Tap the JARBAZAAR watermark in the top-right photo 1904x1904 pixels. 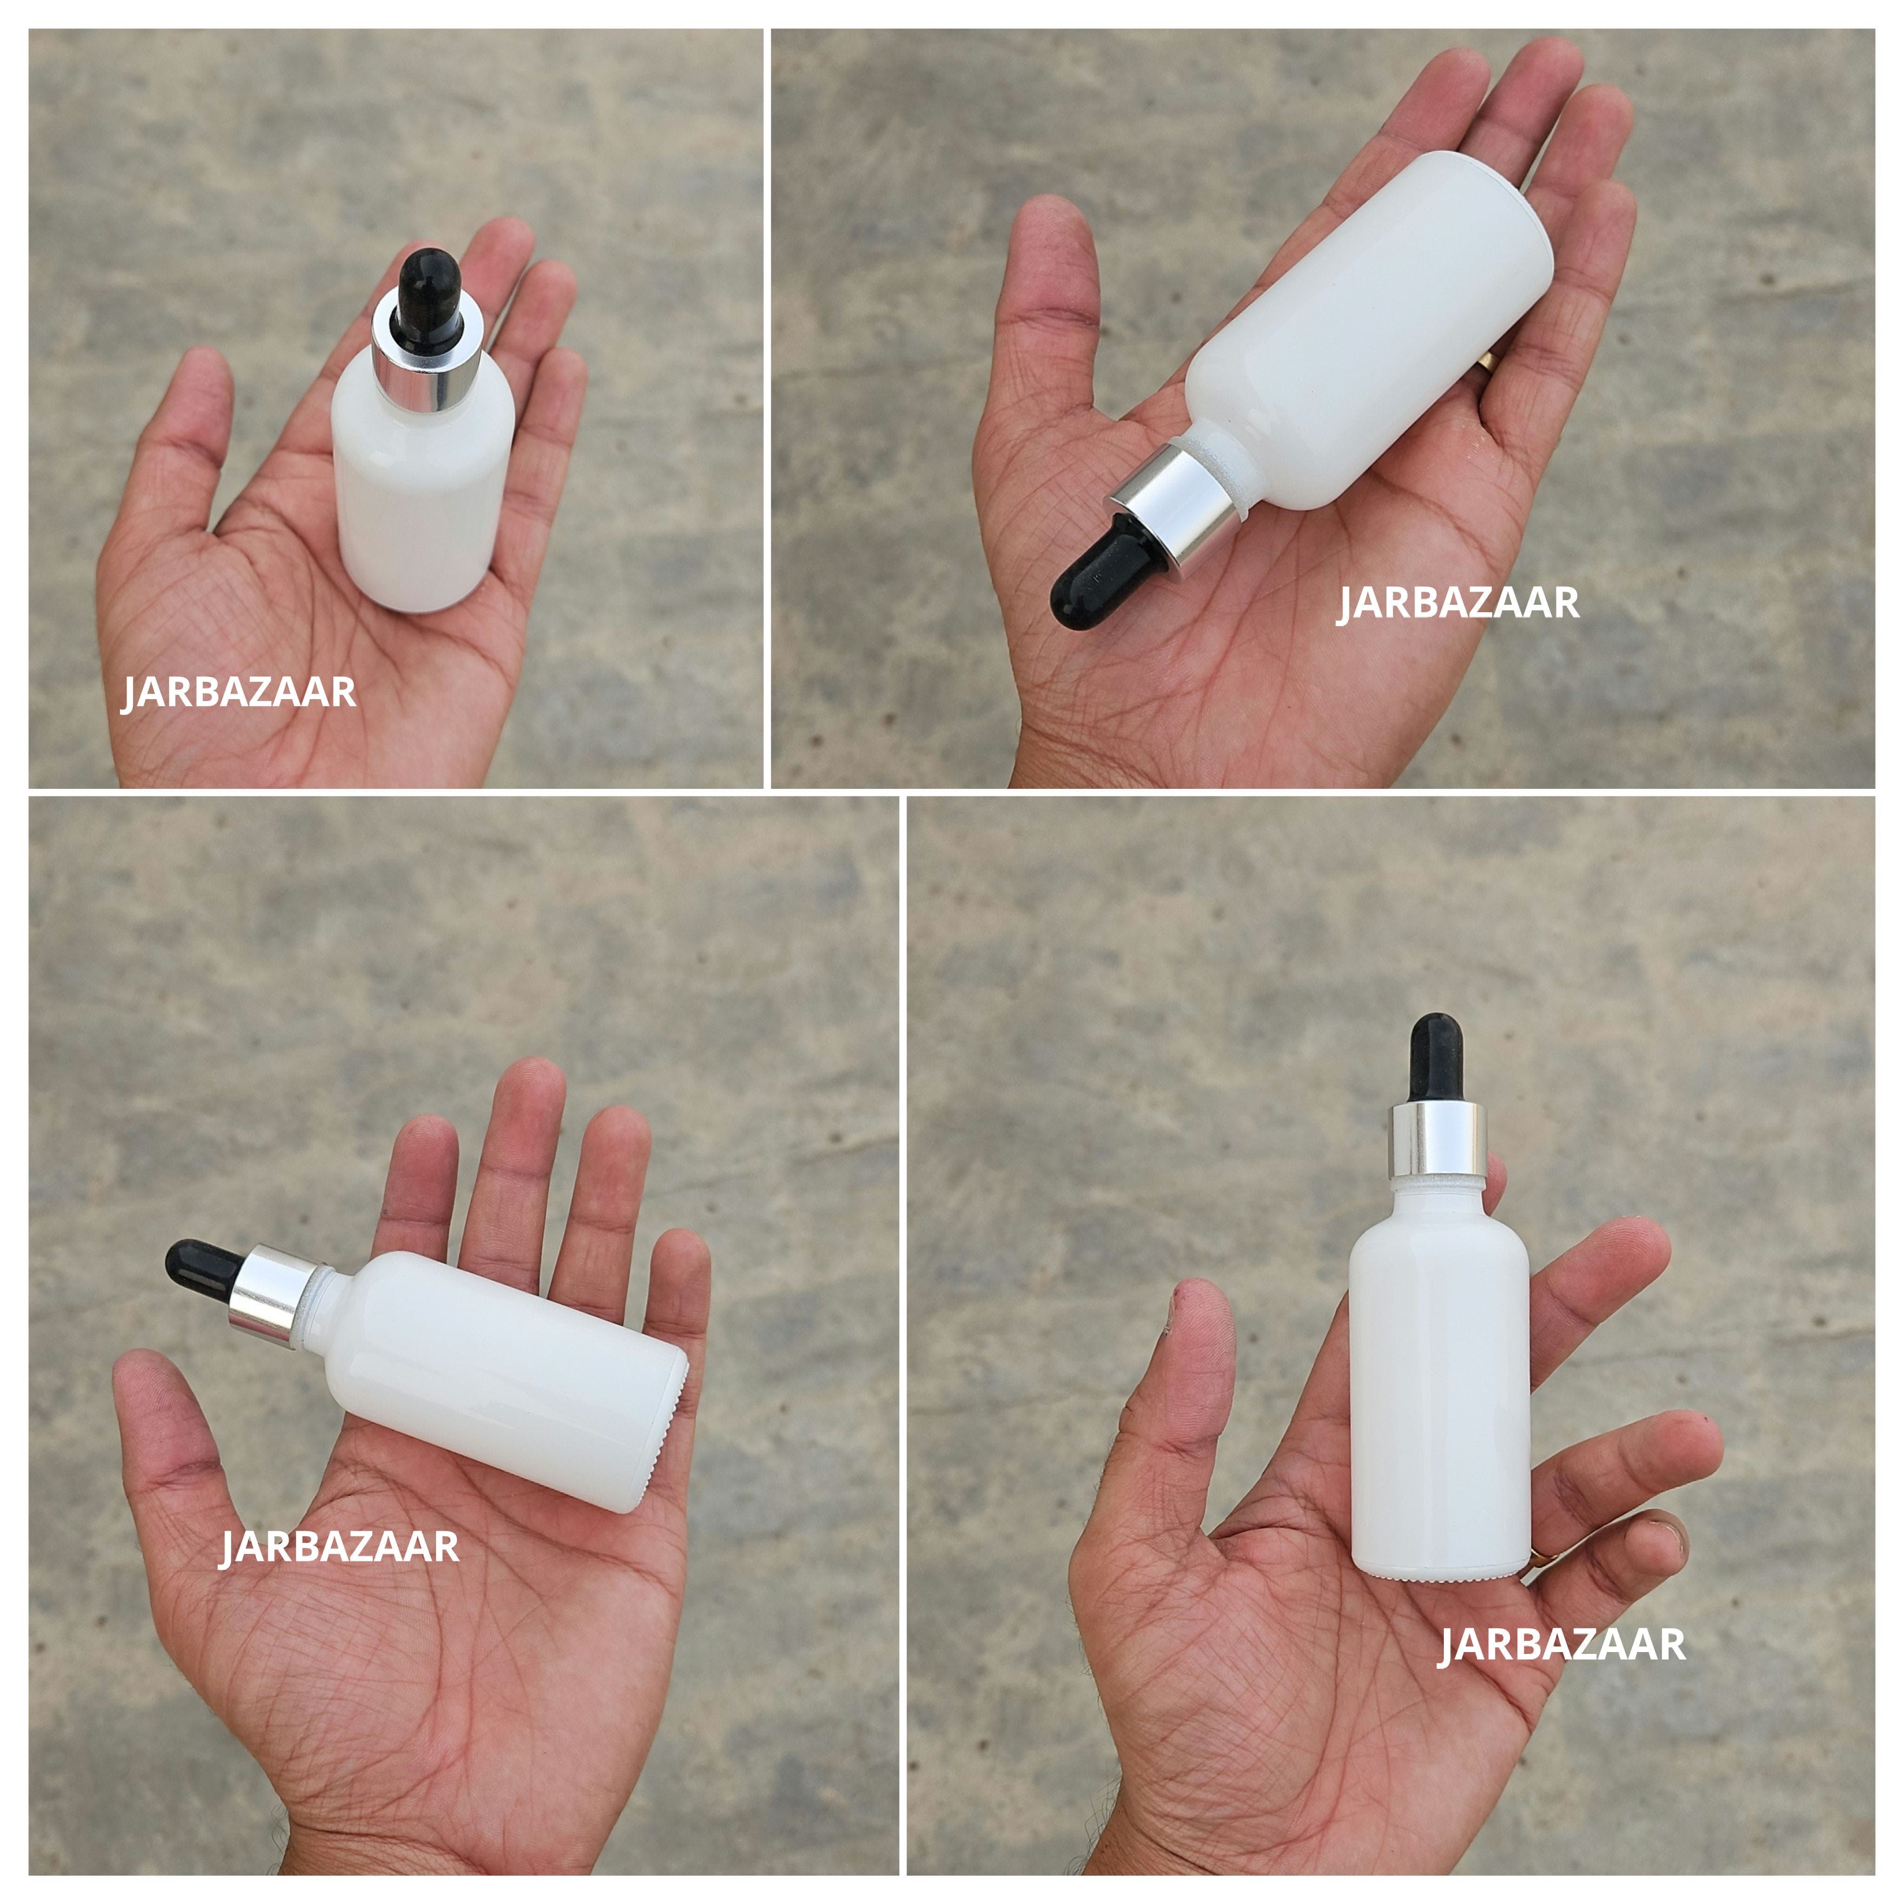(x=1458, y=603)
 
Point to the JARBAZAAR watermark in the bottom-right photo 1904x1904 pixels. (x=1562, y=1645)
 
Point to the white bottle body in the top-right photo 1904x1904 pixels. (x=1370, y=325)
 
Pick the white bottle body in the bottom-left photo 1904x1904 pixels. (x=502, y=1380)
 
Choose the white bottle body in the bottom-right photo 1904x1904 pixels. (x=1439, y=1380)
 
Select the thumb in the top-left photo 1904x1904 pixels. (x=192, y=414)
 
